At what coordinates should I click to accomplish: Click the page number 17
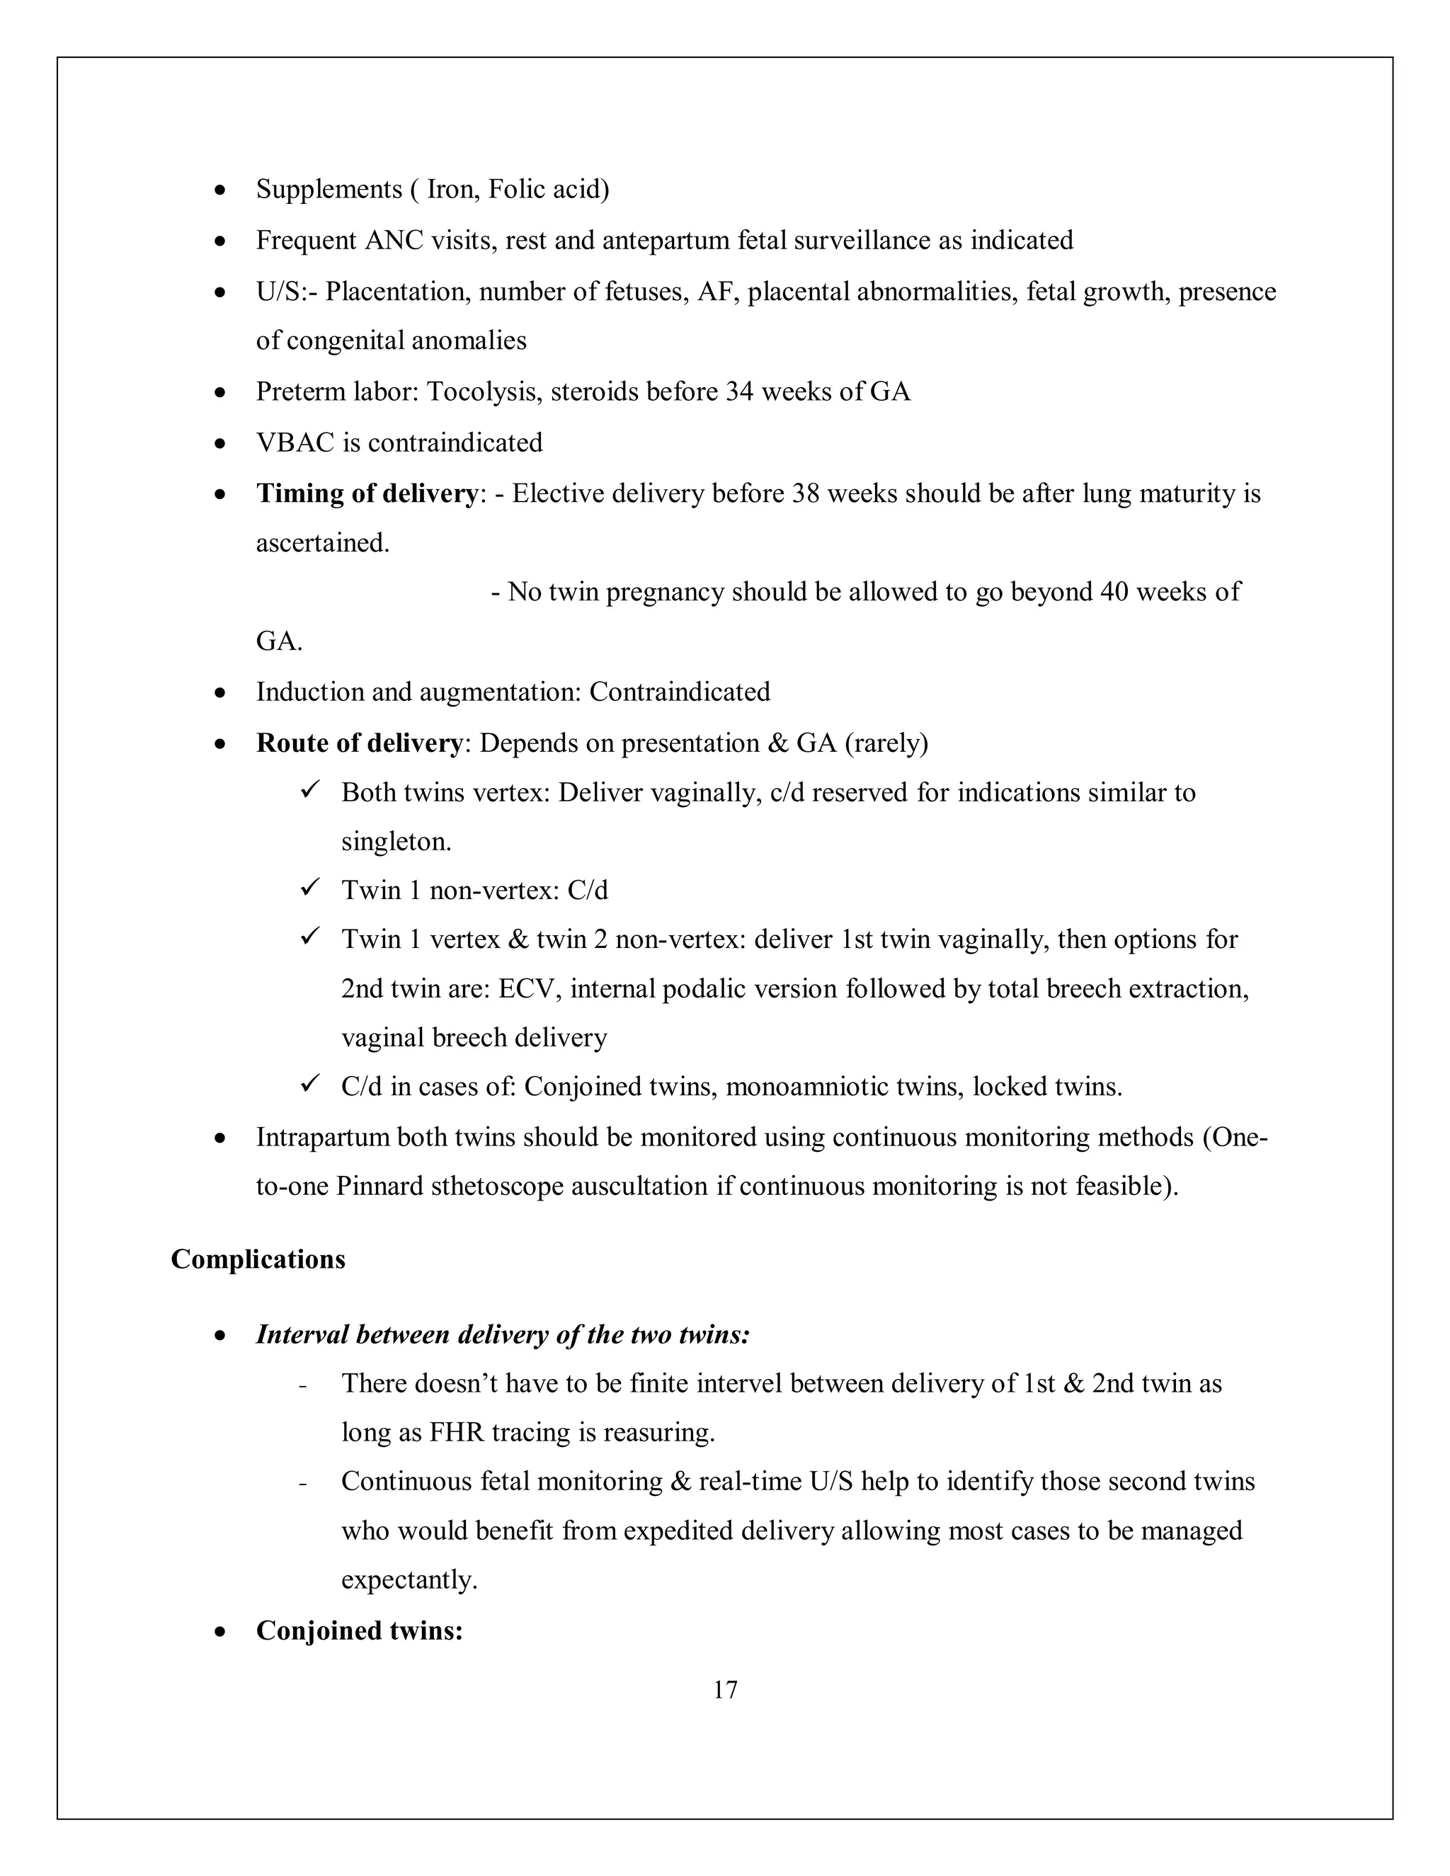click(x=725, y=1690)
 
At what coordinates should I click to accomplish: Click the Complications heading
click(x=258, y=1259)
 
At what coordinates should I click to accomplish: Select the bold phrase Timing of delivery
click(x=367, y=494)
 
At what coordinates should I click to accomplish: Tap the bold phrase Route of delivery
click(x=359, y=743)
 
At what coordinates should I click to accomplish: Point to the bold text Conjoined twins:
click(x=359, y=1630)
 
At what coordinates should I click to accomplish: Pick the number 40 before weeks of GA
click(x=1113, y=592)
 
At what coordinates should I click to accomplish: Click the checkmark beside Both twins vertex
click(x=310, y=789)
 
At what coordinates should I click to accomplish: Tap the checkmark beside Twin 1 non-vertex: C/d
click(x=310, y=887)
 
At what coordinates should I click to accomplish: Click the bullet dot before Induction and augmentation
click(x=221, y=692)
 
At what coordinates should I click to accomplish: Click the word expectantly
click(x=409, y=1579)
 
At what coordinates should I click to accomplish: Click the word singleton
click(x=395, y=842)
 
